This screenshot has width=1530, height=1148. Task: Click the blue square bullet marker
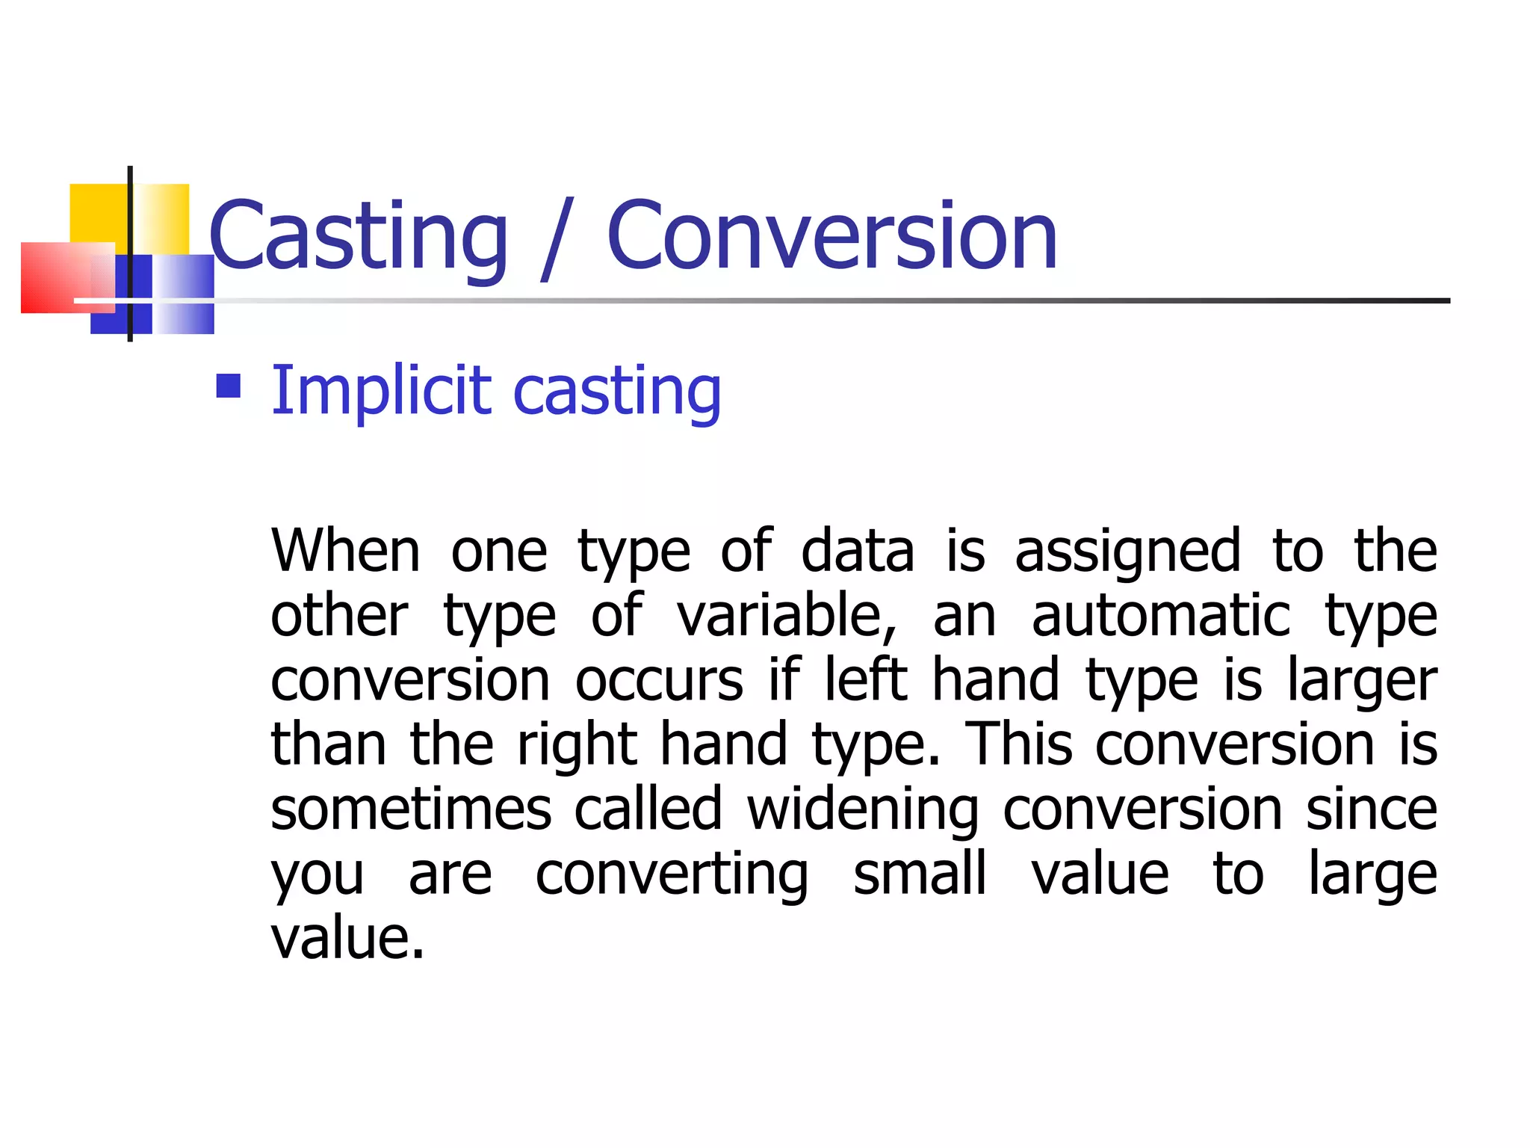(x=229, y=386)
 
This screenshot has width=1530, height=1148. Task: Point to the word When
(x=345, y=552)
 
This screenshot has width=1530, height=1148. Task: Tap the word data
(x=857, y=552)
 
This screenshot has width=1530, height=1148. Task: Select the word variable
(x=786, y=616)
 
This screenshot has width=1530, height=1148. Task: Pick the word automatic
(x=1160, y=616)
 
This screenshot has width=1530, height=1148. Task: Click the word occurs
(x=659, y=680)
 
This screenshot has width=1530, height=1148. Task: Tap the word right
(x=577, y=746)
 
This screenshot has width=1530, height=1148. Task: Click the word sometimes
(x=411, y=809)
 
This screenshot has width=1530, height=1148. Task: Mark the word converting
(x=672, y=875)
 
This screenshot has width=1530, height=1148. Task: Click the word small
(x=920, y=874)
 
